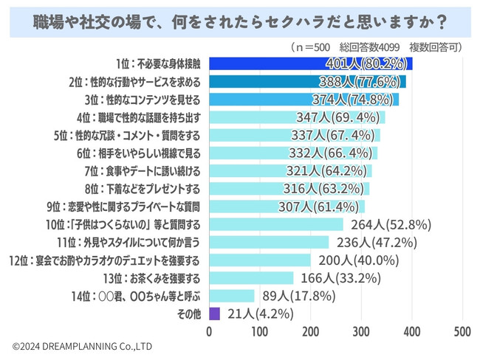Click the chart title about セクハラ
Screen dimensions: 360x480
click(240, 21)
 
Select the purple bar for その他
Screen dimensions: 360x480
click(215, 313)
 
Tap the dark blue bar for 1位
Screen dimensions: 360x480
click(310, 63)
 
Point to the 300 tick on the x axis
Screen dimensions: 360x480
click(362, 331)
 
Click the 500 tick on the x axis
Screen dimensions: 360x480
click(462, 331)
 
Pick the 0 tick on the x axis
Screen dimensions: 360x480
click(210, 331)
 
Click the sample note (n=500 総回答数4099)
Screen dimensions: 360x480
click(377, 46)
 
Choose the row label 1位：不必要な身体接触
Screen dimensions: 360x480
click(158, 63)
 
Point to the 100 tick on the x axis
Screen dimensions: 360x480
click(261, 331)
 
